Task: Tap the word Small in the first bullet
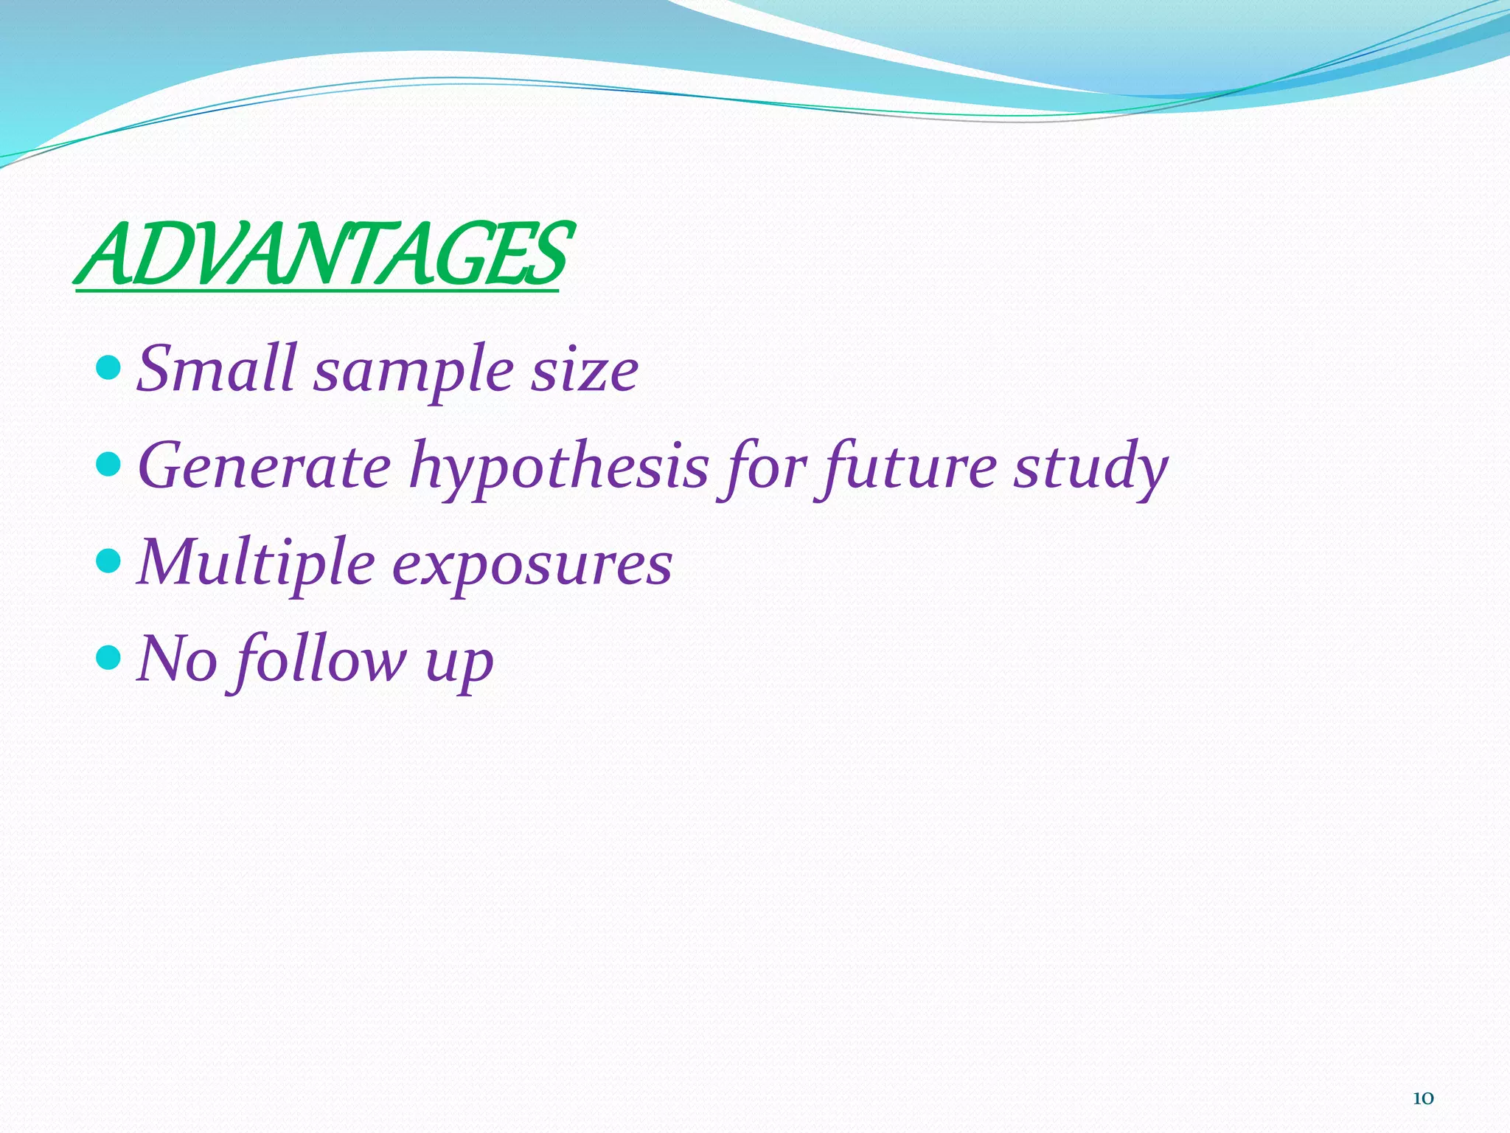coord(217,368)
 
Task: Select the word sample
coord(413,373)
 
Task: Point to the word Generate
coord(264,466)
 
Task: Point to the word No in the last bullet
coord(177,658)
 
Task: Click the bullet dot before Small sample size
coord(108,366)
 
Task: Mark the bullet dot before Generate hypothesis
coord(108,464)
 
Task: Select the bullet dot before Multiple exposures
coord(108,561)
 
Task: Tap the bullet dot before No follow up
coord(108,656)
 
